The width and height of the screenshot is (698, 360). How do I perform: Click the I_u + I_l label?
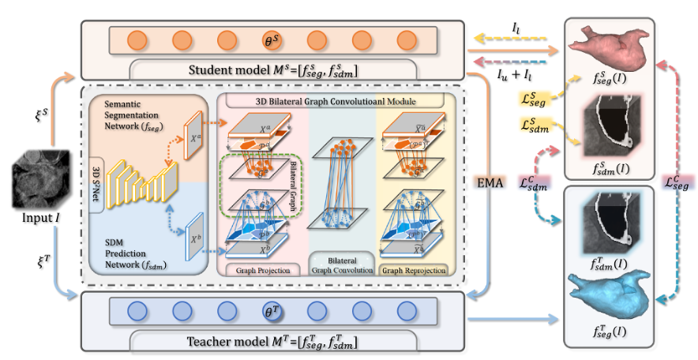click(516, 75)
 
